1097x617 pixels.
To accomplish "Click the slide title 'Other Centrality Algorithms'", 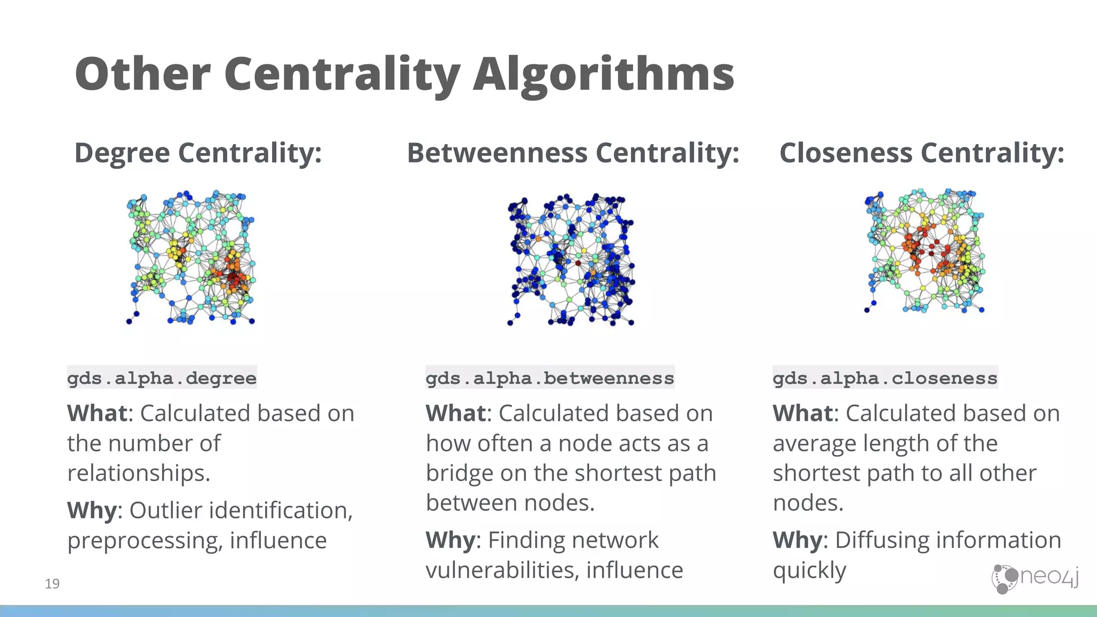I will (x=404, y=74).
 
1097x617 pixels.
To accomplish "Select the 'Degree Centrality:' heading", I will (x=198, y=153).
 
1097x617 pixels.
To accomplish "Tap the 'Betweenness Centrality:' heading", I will (x=573, y=153).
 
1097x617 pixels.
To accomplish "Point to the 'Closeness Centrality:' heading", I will (x=921, y=153).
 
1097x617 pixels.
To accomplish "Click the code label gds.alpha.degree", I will (x=162, y=378).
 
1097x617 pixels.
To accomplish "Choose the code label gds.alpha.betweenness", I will (x=550, y=378).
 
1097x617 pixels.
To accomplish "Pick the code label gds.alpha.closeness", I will (x=885, y=378).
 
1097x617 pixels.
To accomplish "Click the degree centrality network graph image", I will (x=191, y=257).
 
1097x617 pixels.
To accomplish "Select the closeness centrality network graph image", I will (x=925, y=251).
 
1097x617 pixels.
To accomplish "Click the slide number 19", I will (x=52, y=583).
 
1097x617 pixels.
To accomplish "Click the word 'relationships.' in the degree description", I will (x=139, y=473).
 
